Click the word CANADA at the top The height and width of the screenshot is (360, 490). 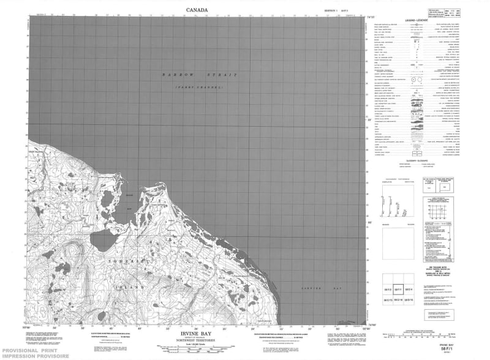coord(196,10)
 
